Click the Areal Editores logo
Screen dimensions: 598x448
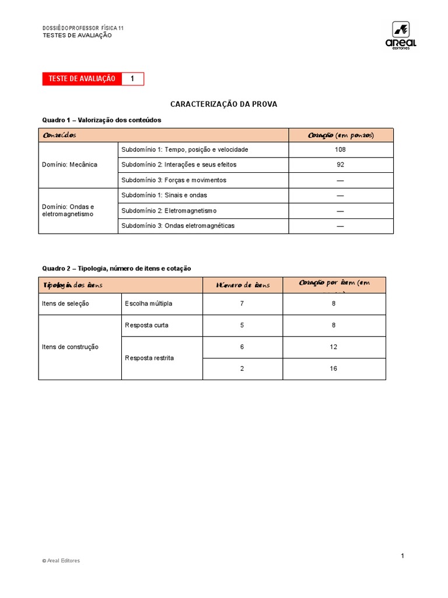pyautogui.click(x=401, y=36)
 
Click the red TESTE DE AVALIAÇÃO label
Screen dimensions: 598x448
pyautogui.click(x=82, y=79)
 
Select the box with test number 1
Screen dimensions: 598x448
pyautogui.click(x=132, y=79)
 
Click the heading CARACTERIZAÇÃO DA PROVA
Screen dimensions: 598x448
pyautogui.click(x=223, y=104)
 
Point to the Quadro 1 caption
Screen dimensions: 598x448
pyautogui.click(x=101, y=120)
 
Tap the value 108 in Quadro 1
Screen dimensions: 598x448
pyautogui.click(x=341, y=149)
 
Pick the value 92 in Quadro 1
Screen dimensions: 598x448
pyautogui.click(x=341, y=165)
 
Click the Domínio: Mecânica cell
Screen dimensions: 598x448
pyautogui.click(x=70, y=165)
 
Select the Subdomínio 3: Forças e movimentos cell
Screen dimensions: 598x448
pyautogui.click(x=174, y=180)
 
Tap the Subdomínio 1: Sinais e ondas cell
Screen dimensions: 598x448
pyautogui.click(x=164, y=195)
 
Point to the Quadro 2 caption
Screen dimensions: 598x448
pyautogui.click(x=116, y=268)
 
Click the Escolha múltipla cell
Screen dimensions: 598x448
pyautogui.click(x=149, y=304)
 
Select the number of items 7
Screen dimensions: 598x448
pyautogui.click(x=242, y=304)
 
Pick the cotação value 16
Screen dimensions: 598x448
pyautogui.click(x=334, y=368)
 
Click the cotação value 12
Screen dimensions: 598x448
pyautogui.click(x=334, y=347)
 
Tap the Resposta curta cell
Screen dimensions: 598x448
pyautogui.click(x=146, y=325)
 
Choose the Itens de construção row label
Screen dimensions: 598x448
pyautogui.click(x=71, y=347)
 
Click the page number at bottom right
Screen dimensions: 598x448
pyautogui.click(x=402, y=555)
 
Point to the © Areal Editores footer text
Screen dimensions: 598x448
pyautogui.click(x=61, y=561)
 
